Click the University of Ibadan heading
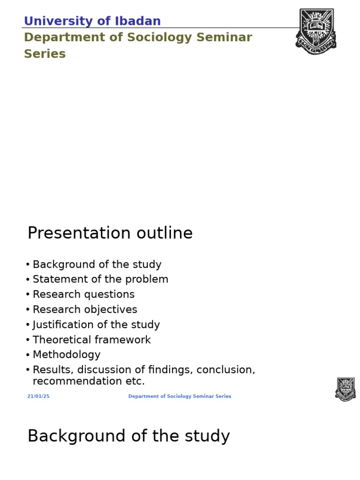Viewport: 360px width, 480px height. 92,21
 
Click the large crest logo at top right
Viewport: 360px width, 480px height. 316,31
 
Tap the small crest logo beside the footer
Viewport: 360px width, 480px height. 345,389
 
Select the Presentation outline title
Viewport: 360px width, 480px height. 110,233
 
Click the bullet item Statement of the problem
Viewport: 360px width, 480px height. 100,279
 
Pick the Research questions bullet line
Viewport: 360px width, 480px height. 83,294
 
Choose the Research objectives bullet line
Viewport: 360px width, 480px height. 85,309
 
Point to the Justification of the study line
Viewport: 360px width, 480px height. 96,324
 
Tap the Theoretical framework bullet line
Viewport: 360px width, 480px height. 92,340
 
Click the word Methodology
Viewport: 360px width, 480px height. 67,355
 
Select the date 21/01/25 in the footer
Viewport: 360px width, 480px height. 38,396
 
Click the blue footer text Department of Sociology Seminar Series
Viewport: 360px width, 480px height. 180,396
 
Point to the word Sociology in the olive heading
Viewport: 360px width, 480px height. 166,37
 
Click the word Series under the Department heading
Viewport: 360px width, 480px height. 45,54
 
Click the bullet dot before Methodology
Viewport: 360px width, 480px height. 28,355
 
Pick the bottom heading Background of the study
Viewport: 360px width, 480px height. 128,436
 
